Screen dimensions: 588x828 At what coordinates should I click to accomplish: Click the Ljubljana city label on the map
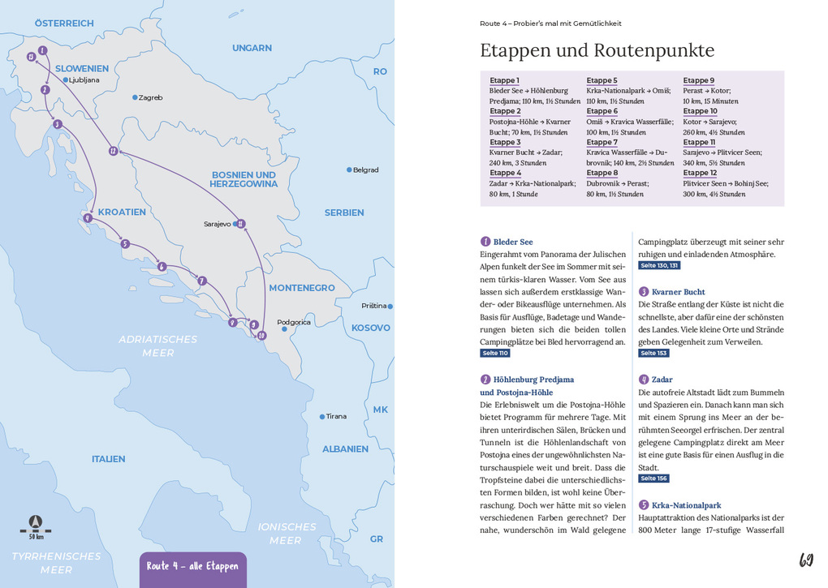click(x=84, y=80)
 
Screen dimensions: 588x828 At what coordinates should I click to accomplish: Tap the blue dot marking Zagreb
click(x=136, y=97)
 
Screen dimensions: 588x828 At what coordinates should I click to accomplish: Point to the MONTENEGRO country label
click(x=301, y=288)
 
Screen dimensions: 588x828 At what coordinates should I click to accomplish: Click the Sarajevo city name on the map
click(x=218, y=224)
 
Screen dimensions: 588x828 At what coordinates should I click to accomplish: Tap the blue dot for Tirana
click(x=322, y=416)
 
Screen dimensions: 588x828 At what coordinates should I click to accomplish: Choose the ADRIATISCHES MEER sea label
click(x=157, y=346)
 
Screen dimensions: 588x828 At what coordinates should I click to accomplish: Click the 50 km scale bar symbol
click(x=35, y=527)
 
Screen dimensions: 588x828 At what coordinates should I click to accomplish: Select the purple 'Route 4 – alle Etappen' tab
click(x=192, y=566)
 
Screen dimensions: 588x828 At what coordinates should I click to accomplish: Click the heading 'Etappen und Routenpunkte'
click(x=597, y=50)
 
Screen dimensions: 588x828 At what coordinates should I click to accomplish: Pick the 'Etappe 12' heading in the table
click(x=700, y=173)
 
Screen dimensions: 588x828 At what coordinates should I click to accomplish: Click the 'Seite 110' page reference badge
click(x=495, y=354)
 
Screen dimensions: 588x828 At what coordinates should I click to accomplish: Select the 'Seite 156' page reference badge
click(x=653, y=479)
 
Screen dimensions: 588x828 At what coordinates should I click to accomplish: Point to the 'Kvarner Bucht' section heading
click(x=678, y=292)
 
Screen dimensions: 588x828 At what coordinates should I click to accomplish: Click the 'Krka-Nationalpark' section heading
click(x=686, y=505)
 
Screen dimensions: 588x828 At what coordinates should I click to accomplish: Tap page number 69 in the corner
click(x=806, y=560)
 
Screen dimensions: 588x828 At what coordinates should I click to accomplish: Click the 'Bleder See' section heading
click(x=513, y=242)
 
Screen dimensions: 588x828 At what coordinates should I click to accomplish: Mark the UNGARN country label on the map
click(x=252, y=48)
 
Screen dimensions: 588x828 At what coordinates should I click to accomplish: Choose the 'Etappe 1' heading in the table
click(x=504, y=80)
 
